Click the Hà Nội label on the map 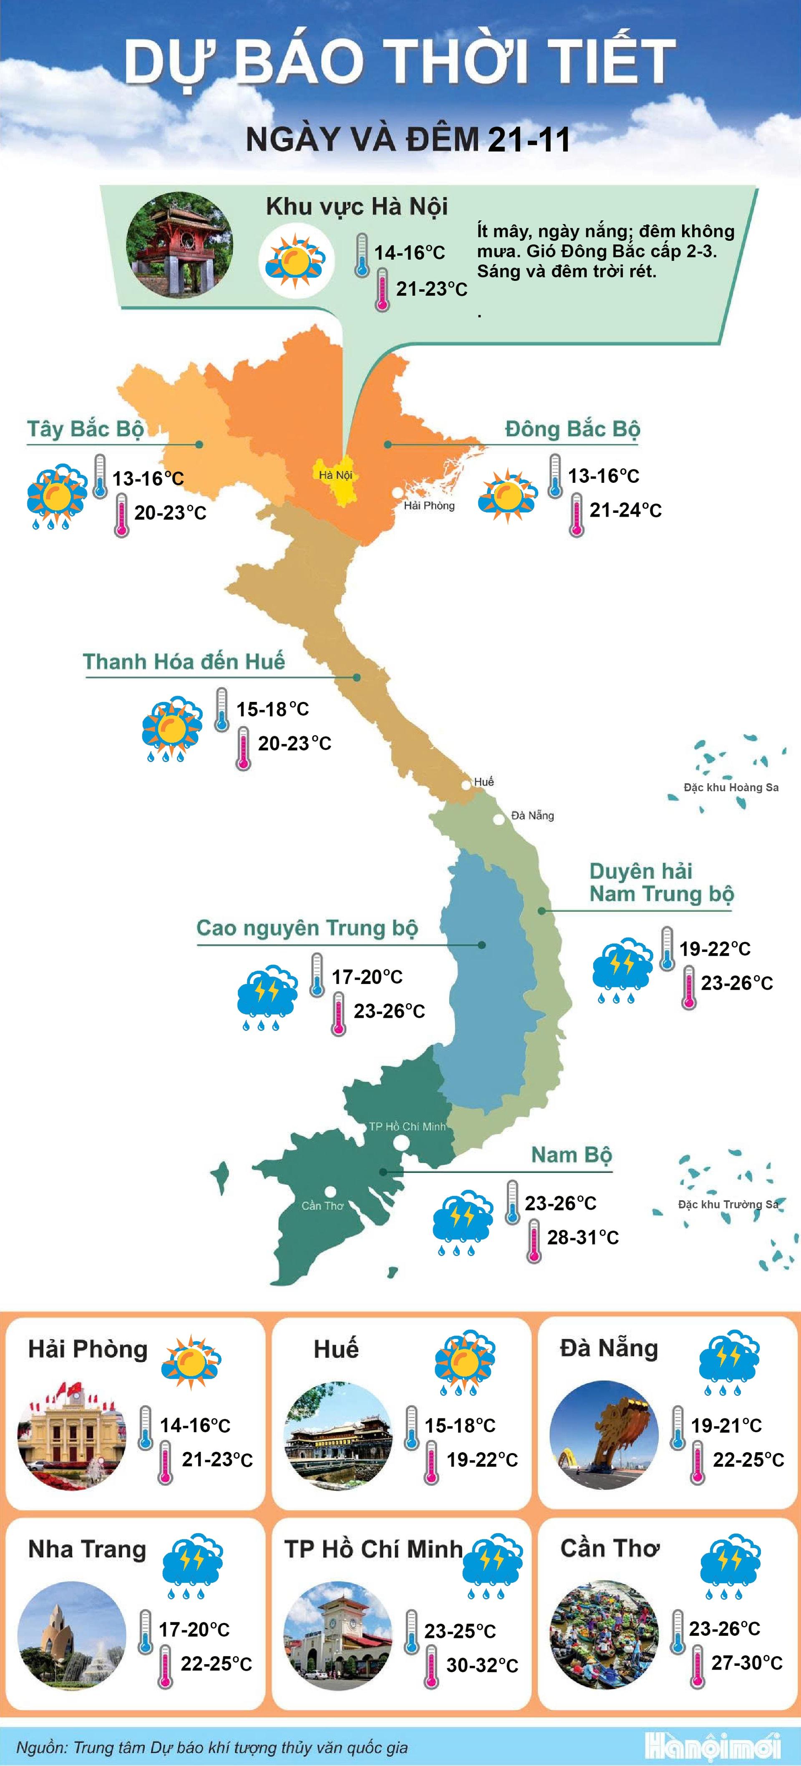click(x=335, y=475)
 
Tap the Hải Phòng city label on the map click(x=429, y=506)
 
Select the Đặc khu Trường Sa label click(x=728, y=1204)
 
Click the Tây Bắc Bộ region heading click(x=85, y=429)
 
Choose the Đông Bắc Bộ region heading click(x=572, y=429)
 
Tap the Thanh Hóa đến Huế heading click(x=184, y=661)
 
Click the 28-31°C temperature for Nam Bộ click(x=582, y=1237)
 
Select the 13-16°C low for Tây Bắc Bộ click(x=148, y=479)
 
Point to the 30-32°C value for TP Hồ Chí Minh click(x=482, y=1665)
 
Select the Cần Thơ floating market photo click(x=604, y=1635)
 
